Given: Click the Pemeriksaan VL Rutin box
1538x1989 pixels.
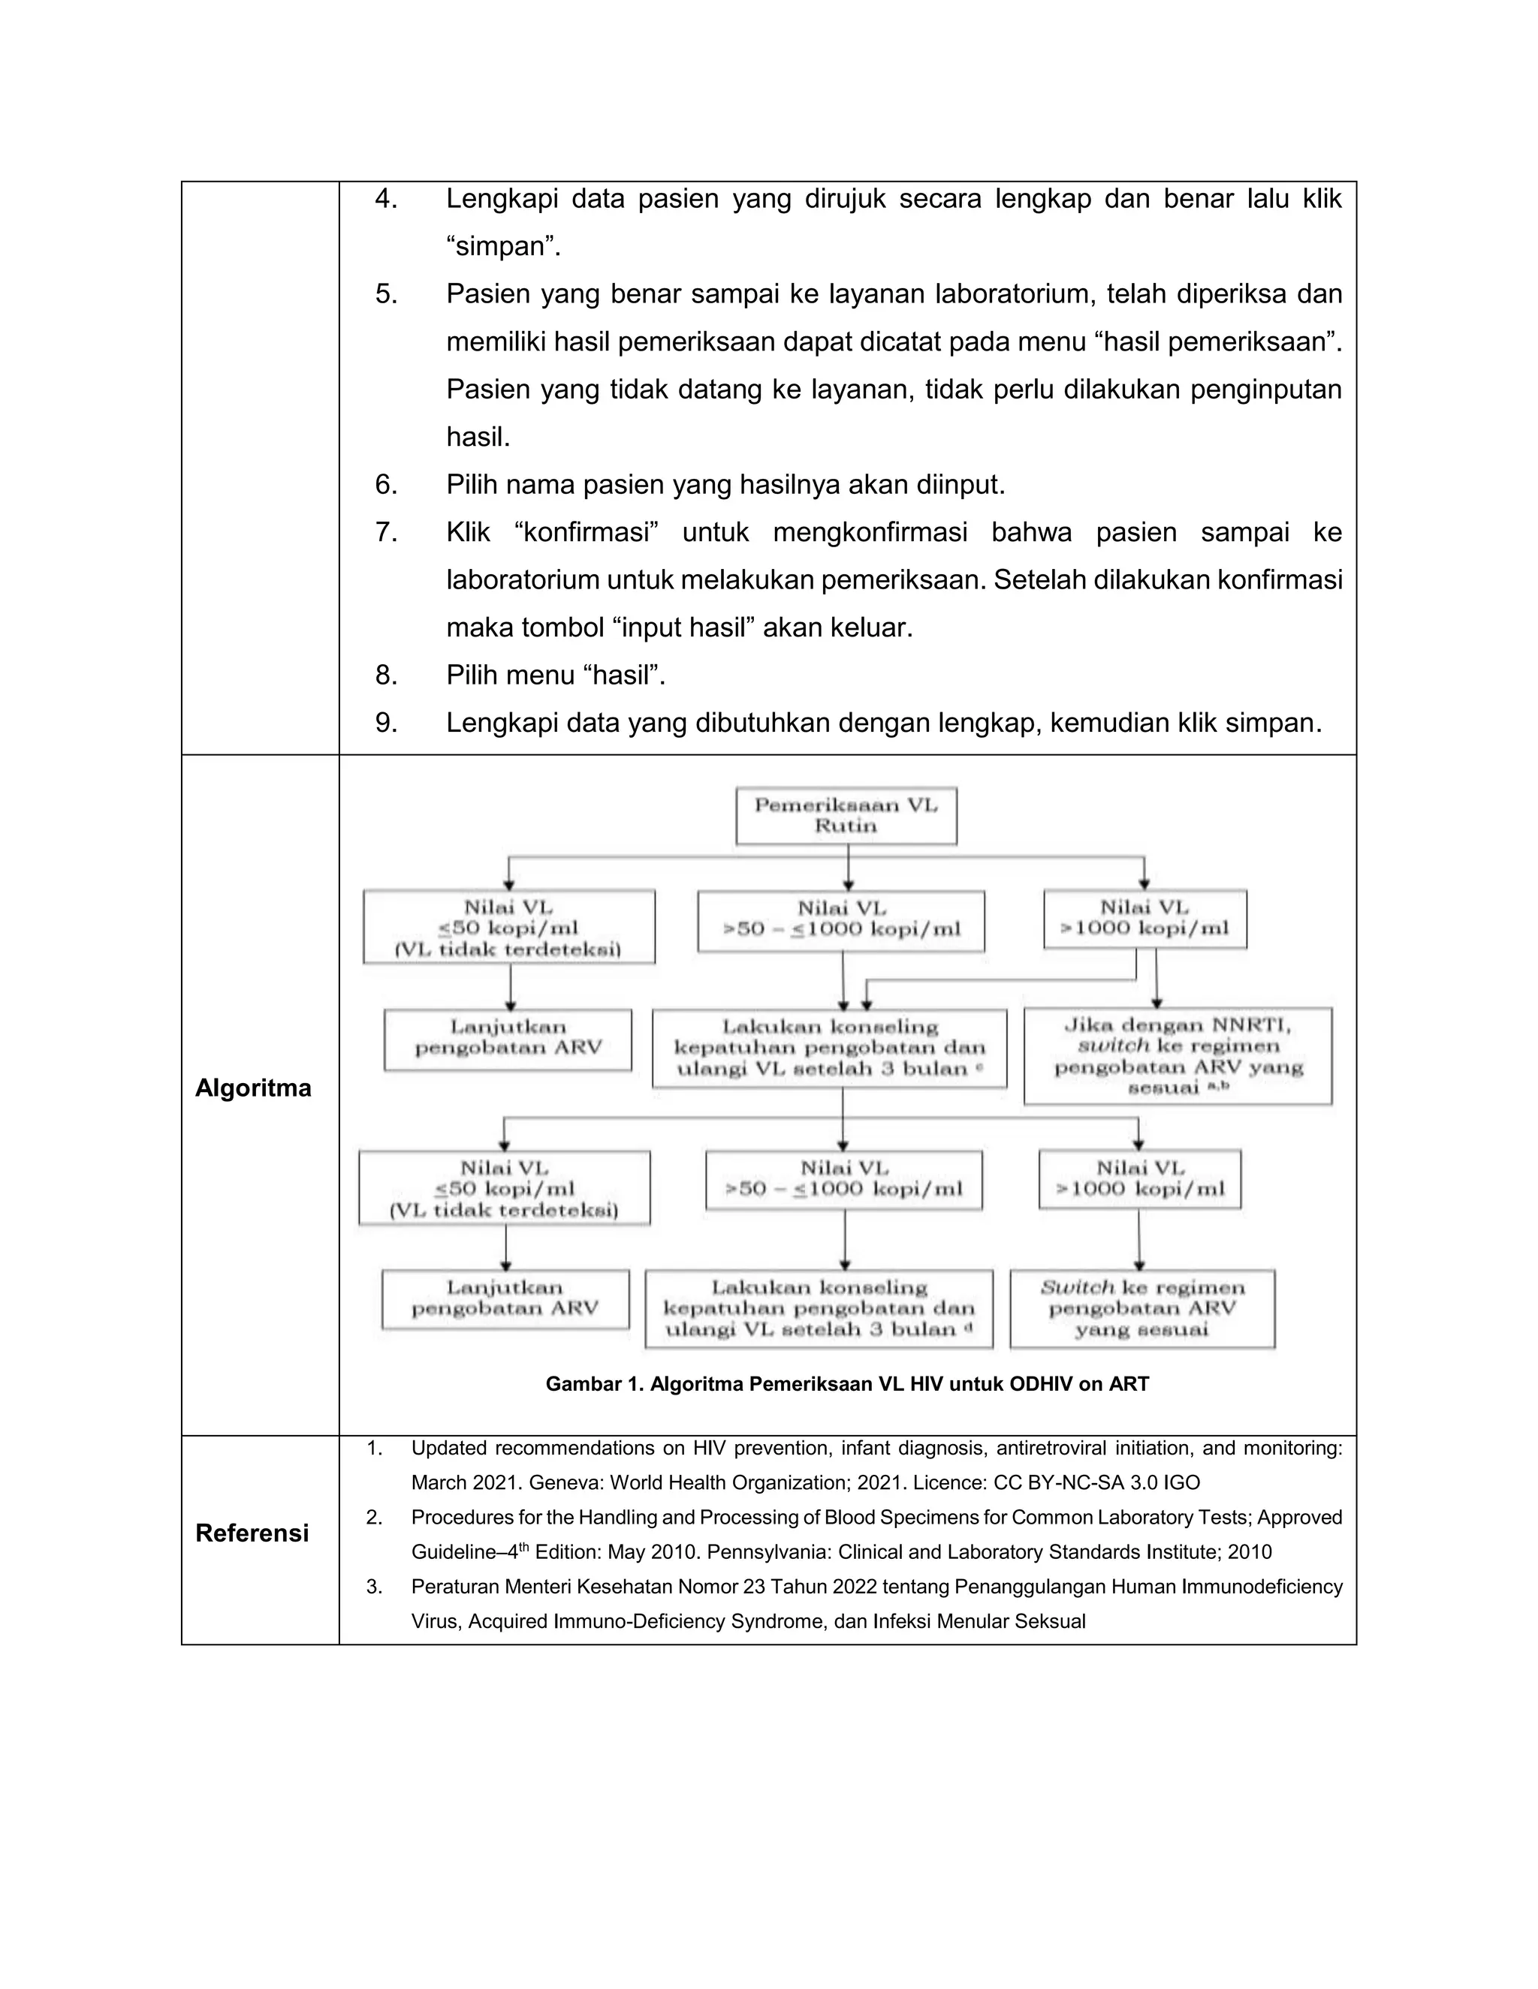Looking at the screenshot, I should (x=846, y=815).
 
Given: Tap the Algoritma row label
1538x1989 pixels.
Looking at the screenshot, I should (x=253, y=1088).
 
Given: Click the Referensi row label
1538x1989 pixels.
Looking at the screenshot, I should (x=252, y=1533).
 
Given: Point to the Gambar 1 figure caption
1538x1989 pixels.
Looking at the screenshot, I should (x=846, y=1384).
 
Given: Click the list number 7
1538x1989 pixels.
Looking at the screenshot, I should (x=386, y=532).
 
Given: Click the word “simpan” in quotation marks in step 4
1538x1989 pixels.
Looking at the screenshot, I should (x=502, y=246).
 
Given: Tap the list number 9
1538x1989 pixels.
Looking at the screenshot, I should (x=386, y=722).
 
